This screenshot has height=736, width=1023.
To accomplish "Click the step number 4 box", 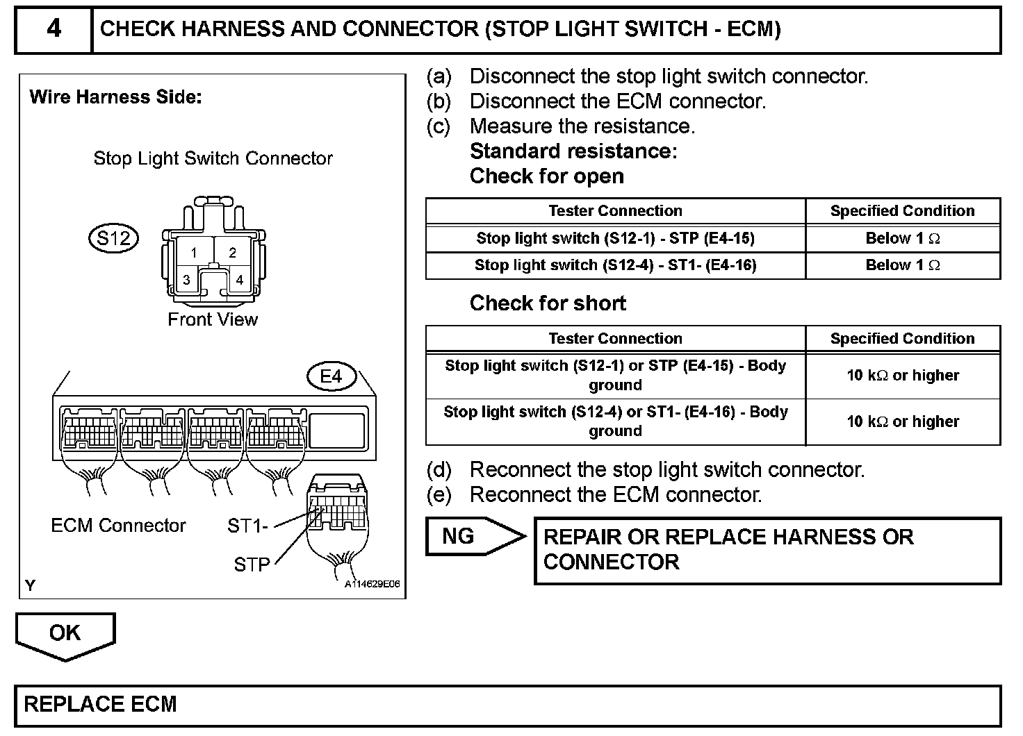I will coord(54,29).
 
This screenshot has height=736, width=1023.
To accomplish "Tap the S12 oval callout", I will coord(113,238).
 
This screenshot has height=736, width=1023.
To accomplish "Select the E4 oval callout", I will coord(331,376).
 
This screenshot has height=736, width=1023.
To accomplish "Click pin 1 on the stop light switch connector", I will coord(194,253).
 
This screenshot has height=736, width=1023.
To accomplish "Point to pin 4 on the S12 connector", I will coord(239,280).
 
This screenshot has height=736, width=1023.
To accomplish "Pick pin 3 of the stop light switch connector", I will coord(186,280).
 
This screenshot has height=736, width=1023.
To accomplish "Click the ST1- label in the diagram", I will coord(247,526).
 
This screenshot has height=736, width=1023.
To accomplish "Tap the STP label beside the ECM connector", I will coord(252,564).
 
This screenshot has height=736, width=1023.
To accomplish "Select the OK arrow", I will coord(65,633).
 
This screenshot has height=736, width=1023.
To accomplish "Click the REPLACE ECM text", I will coord(101,704).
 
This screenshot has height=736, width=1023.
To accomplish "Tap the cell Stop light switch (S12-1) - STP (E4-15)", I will coord(615,238).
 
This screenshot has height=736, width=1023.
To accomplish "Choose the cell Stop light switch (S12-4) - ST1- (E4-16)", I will coord(615,265).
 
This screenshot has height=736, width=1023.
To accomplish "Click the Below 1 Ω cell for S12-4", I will coord(902,265).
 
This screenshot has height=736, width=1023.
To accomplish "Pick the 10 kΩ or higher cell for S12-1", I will coord(902,375).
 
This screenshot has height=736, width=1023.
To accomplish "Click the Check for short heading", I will coord(548,303).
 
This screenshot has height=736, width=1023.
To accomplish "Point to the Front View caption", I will coord(213,319).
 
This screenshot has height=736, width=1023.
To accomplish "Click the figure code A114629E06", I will coord(373,584).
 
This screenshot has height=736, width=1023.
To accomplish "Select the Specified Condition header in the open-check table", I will coord(902,210).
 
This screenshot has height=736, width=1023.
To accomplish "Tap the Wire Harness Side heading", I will coord(115,97).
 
